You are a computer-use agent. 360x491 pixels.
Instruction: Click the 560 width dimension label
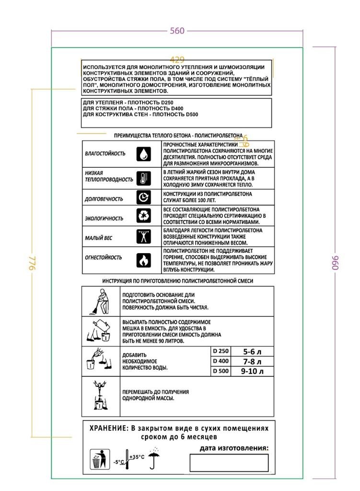177,31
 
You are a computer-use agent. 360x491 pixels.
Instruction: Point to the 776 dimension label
32,263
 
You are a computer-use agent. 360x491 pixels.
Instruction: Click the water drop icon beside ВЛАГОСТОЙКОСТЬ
144,154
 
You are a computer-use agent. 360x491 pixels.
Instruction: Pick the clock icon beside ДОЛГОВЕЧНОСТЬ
144,198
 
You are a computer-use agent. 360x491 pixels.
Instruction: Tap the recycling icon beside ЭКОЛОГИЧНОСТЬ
144,217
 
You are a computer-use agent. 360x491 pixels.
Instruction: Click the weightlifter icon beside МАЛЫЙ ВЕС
144,237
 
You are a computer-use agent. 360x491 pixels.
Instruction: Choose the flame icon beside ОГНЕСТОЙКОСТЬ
144,260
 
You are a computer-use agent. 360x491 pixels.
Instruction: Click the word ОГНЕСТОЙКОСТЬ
103,257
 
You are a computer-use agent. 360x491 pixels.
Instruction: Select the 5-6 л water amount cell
253,351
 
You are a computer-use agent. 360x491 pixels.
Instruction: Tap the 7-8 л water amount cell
253,361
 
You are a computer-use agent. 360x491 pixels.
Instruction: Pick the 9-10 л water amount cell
253,371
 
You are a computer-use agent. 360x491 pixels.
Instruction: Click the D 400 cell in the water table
221,361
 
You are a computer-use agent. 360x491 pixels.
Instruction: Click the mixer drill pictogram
100,396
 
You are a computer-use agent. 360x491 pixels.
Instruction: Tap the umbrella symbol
154,460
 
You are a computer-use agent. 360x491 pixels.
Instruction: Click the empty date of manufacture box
229,463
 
